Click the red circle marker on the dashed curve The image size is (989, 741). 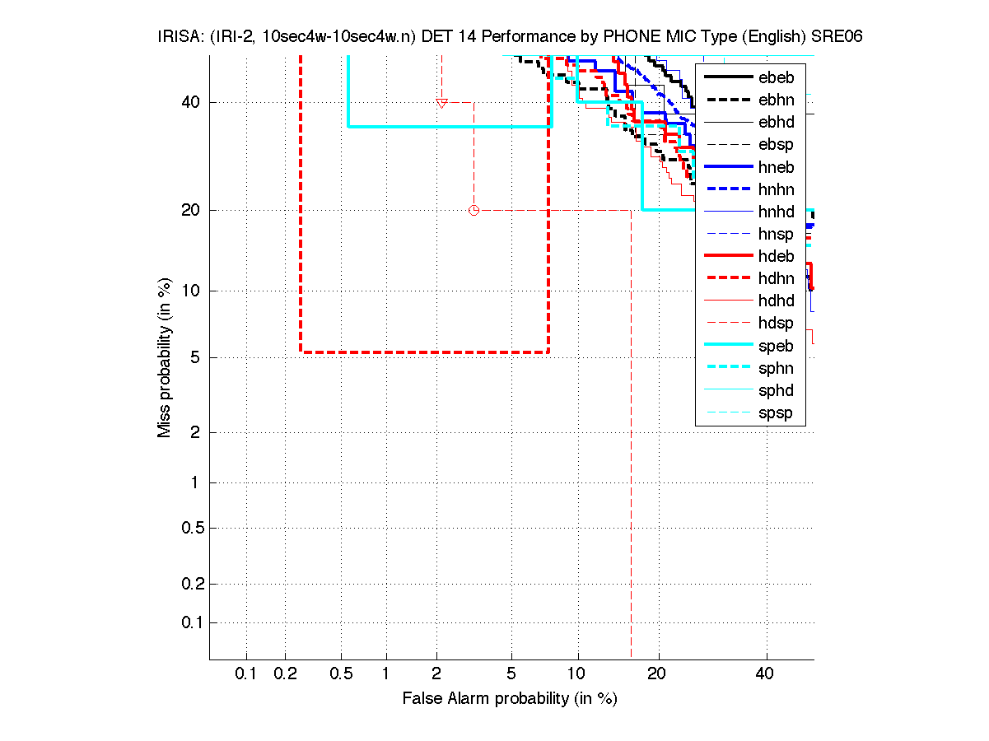coord(474,210)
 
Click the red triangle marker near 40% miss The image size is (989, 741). coord(441,103)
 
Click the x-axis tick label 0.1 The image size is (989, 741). coord(246,674)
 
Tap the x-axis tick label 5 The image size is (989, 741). coord(511,674)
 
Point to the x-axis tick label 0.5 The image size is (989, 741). coord(341,674)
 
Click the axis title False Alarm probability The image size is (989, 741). coord(509,699)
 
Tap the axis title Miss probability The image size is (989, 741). coord(165,357)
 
